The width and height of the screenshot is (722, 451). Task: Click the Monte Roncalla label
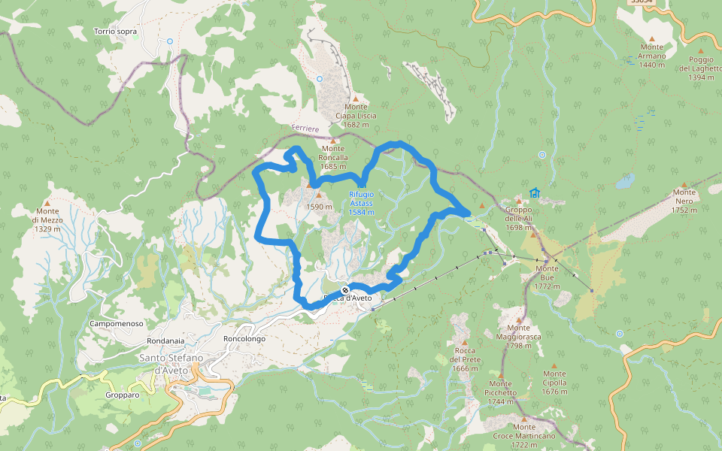point(333,157)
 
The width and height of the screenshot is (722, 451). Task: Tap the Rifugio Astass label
point(362,203)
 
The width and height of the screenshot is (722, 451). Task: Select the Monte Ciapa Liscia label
point(356,116)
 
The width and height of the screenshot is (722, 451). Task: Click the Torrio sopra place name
point(115,32)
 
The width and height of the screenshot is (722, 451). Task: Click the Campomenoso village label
point(116,323)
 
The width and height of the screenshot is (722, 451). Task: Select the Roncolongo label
point(244,339)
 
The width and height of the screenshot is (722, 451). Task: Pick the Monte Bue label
point(547,277)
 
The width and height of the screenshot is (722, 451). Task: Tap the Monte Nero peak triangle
point(684,185)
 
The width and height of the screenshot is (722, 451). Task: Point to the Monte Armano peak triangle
point(651,39)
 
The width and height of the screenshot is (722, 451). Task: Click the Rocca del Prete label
point(466,359)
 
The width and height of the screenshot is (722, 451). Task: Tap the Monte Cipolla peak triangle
point(554,365)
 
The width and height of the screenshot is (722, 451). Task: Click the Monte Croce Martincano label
point(523,436)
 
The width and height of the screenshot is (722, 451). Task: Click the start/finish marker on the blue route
point(344,290)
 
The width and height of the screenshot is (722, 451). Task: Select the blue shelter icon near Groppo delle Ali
point(534,193)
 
